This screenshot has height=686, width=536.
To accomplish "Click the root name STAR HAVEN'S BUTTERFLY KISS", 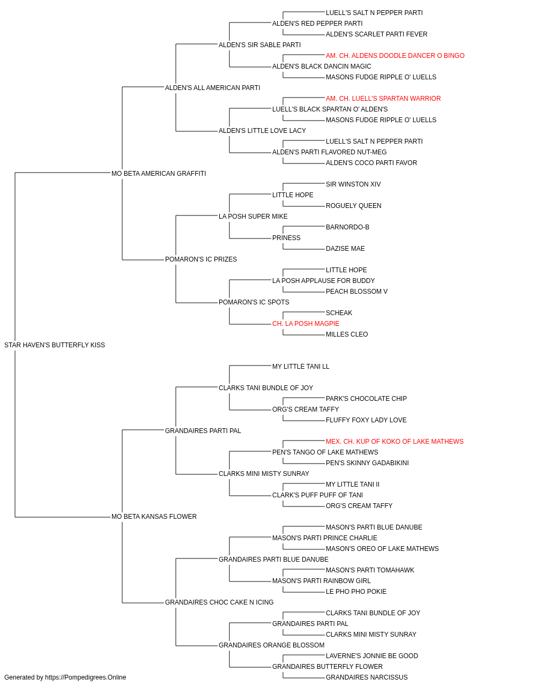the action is (x=55, y=345).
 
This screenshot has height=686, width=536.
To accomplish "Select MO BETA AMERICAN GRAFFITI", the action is (x=159, y=173).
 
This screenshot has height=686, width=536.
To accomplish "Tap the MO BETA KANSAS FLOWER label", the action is (x=154, y=517).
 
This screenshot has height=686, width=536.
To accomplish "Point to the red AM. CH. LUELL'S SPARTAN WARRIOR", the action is (x=383, y=99).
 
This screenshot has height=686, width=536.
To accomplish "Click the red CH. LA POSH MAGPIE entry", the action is (x=306, y=324).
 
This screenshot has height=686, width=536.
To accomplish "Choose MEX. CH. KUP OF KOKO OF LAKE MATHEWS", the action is (x=394, y=441).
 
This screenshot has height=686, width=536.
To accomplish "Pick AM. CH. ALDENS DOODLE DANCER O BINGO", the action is (x=395, y=56).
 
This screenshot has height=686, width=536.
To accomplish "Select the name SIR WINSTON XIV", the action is (x=353, y=184).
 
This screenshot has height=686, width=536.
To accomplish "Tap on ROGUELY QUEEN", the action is (x=353, y=205).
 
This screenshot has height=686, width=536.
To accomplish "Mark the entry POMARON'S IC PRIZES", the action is (x=201, y=259).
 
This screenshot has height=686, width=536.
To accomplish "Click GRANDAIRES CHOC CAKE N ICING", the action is (x=219, y=602).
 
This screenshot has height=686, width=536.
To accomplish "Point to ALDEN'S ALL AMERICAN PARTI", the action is (x=212, y=88).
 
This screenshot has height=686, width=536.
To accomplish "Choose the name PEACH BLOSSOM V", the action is (x=356, y=292).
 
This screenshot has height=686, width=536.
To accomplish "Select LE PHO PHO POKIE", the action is (x=356, y=591).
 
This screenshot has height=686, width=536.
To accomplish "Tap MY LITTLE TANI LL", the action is (x=301, y=366).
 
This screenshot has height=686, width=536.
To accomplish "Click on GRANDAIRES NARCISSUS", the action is (x=367, y=677).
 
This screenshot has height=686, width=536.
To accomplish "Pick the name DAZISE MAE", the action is (x=345, y=249).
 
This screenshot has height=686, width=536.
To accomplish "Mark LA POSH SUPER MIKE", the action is (x=253, y=216).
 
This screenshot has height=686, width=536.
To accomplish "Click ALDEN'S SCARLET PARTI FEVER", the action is (x=376, y=34).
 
